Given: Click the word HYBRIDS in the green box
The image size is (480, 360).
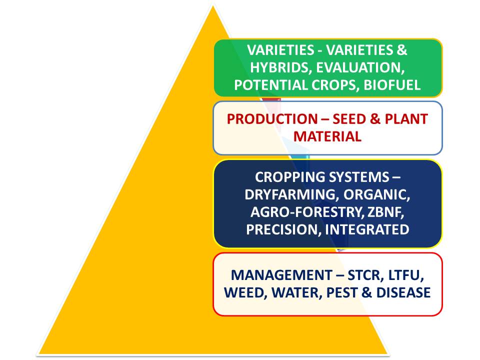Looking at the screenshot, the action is coord(279,67).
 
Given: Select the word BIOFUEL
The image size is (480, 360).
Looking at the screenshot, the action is coord(392,85).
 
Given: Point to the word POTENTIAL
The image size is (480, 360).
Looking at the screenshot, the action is coord(270,85).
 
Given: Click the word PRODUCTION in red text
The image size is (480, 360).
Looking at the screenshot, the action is coord(272,119).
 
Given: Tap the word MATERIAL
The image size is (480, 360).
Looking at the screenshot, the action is coord(327,136).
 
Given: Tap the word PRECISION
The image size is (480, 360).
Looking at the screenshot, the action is coord(282,229).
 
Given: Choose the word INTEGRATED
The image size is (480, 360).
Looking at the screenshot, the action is coord(367,229).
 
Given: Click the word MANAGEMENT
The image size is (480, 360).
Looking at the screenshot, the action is coord(281,275).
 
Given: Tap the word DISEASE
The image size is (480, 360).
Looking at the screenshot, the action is coord(403,292).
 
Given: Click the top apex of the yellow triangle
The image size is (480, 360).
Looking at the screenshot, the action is coord(213,5).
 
